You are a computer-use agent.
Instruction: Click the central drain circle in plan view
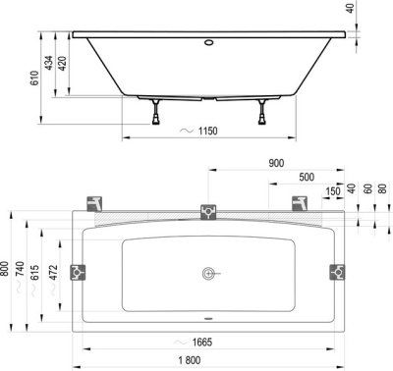coord(207,272)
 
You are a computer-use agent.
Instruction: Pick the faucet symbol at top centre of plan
coord(207,211)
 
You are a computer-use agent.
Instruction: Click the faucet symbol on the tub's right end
coord(338,272)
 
